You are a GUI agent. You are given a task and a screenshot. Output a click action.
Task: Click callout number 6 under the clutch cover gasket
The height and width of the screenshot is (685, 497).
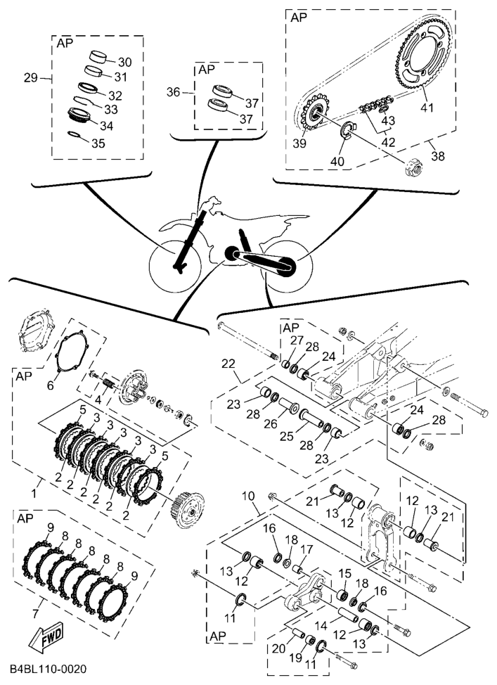[50, 385]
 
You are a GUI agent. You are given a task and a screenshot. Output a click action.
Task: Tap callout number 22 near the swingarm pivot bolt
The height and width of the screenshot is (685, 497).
[227, 364]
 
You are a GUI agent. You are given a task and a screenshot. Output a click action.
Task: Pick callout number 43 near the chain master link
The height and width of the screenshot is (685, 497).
[388, 120]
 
